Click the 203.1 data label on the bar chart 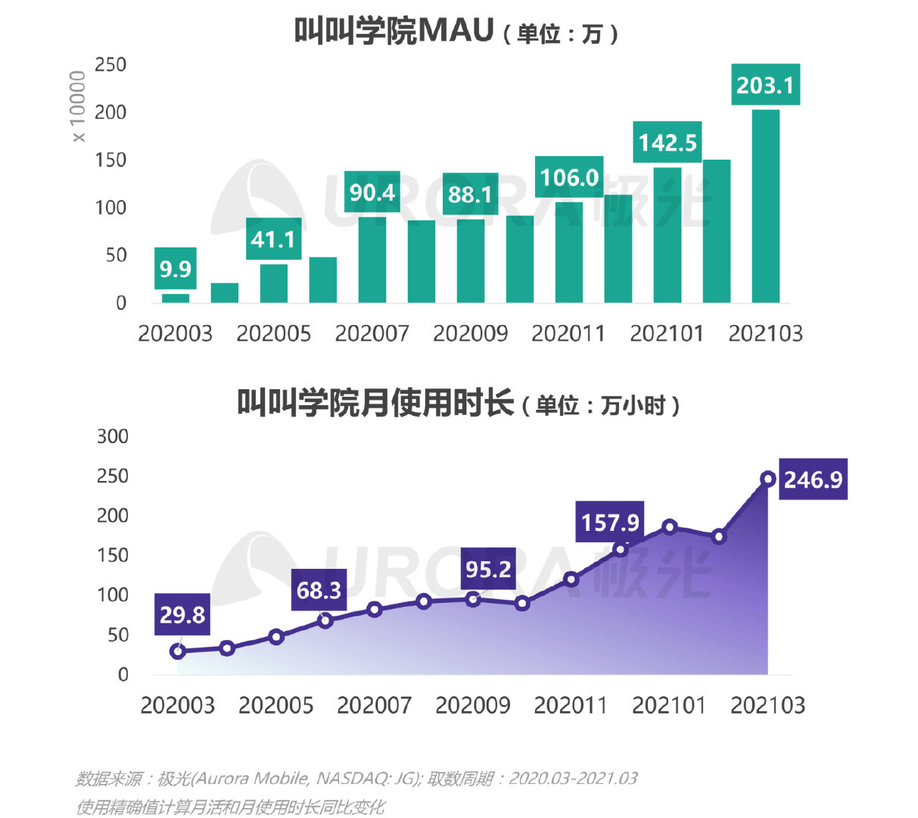[765, 85]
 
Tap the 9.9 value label [176, 269]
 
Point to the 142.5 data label [667, 142]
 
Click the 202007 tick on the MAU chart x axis [372, 333]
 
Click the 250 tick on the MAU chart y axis [110, 65]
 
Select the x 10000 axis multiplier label [78, 106]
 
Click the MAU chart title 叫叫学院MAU [394, 32]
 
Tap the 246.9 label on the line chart [813, 479]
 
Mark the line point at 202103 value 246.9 [768, 479]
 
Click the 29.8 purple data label [182, 614]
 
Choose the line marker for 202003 [178, 651]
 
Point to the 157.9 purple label [610, 522]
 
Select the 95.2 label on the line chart [488, 569]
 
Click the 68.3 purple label [319, 590]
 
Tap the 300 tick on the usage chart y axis [113, 436]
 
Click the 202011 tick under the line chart [571, 705]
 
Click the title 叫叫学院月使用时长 [375, 403]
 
